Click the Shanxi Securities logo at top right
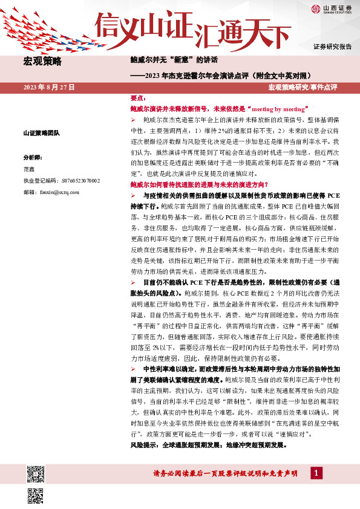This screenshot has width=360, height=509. coord(332,8)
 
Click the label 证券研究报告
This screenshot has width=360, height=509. coord(332,47)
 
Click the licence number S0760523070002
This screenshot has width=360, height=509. coord(62,181)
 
